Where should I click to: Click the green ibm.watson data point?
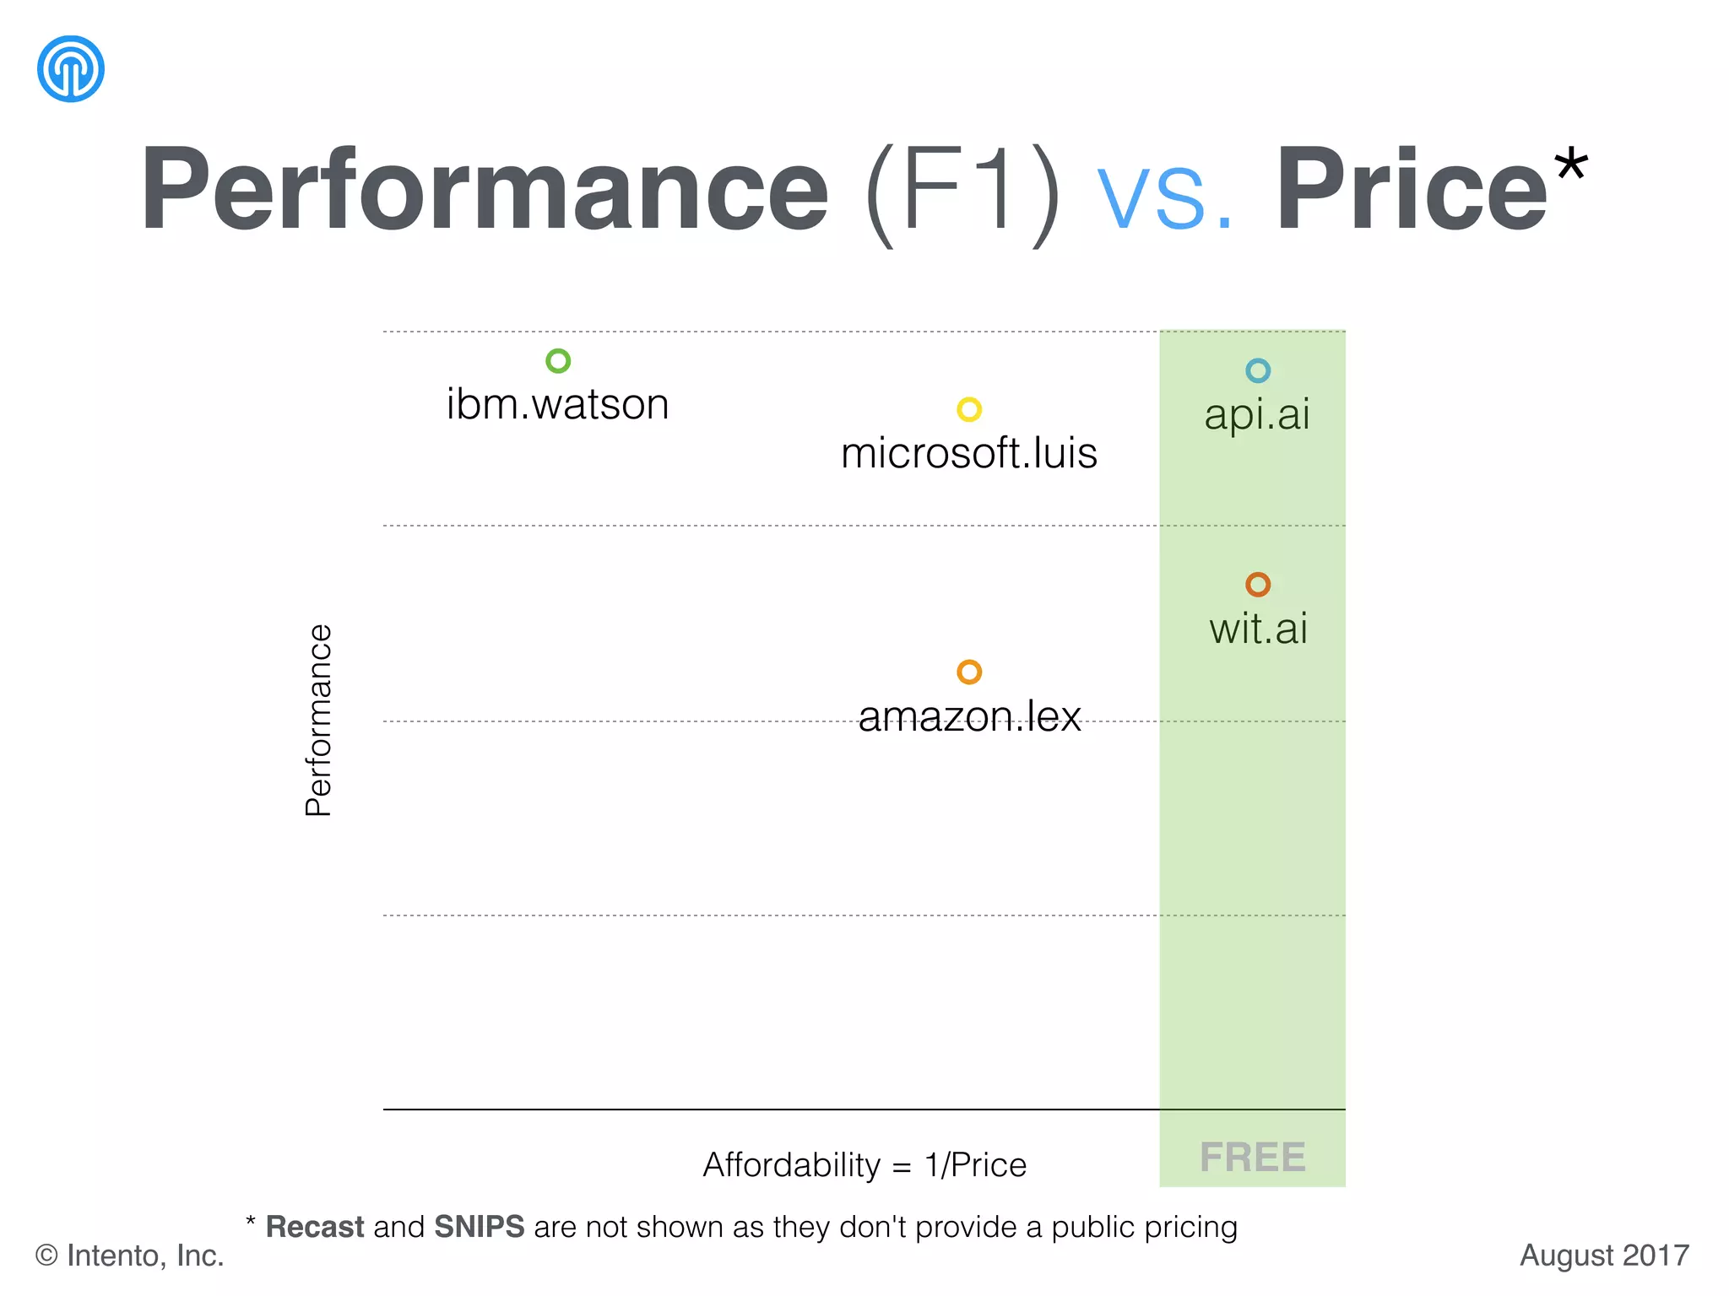pyautogui.click(x=558, y=361)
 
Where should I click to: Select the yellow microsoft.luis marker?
pyautogui.click(x=969, y=409)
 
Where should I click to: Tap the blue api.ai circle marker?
pyautogui.click(x=1258, y=370)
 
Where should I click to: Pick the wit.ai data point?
pyautogui.click(x=1258, y=584)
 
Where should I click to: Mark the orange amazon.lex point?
pyautogui.click(x=969, y=672)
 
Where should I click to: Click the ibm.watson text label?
pyautogui.click(x=557, y=404)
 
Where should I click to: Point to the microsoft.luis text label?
pyautogui.click(x=969, y=453)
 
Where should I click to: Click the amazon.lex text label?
pyautogui.click(x=969, y=716)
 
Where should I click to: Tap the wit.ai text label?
pyautogui.click(x=1258, y=629)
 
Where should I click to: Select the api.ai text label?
pyautogui.click(x=1257, y=415)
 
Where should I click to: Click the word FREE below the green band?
pyautogui.click(x=1253, y=1157)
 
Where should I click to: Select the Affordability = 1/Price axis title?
pyautogui.click(x=864, y=1164)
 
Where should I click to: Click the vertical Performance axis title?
pyautogui.click(x=318, y=721)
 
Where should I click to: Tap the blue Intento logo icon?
pyautogui.click(x=71, y=69)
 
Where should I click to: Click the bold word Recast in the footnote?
pyautogui.click(x=315, y=1227)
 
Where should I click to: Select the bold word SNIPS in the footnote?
pyautogui.click(x=479, y=1227)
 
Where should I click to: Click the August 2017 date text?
pyautogui.click(x=1604, y=1255)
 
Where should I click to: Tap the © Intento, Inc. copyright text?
pyautogui.click(x=129, y=1255)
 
